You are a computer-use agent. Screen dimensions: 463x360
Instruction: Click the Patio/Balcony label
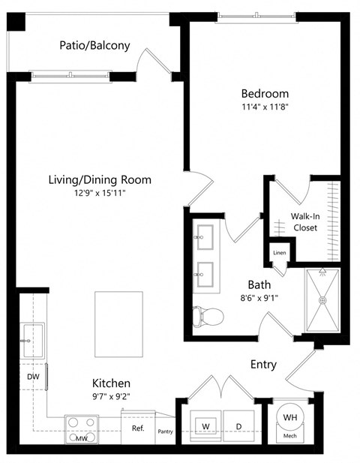click(x=94, y=45)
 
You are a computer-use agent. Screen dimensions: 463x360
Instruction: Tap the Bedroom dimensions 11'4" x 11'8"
click(x=264, y=108)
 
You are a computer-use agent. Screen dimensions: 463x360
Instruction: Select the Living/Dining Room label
click(x=100, y=179)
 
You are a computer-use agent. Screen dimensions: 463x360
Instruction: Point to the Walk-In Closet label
click(x=304, y=221)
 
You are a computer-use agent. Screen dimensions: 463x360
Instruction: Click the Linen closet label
click(x=279, y=253)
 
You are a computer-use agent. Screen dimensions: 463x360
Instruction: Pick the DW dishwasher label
click(x=32, y=376)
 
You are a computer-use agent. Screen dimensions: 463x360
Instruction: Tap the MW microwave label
click(x=80, y=438)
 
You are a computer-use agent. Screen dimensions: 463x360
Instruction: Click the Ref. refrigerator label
click(x=138, y=428)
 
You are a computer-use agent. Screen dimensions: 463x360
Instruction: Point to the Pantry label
click(x=165, y=431)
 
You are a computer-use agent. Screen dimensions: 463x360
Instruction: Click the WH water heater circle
click(x=289, y=417)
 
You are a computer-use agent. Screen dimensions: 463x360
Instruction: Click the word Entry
click(x=263, y=365)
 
